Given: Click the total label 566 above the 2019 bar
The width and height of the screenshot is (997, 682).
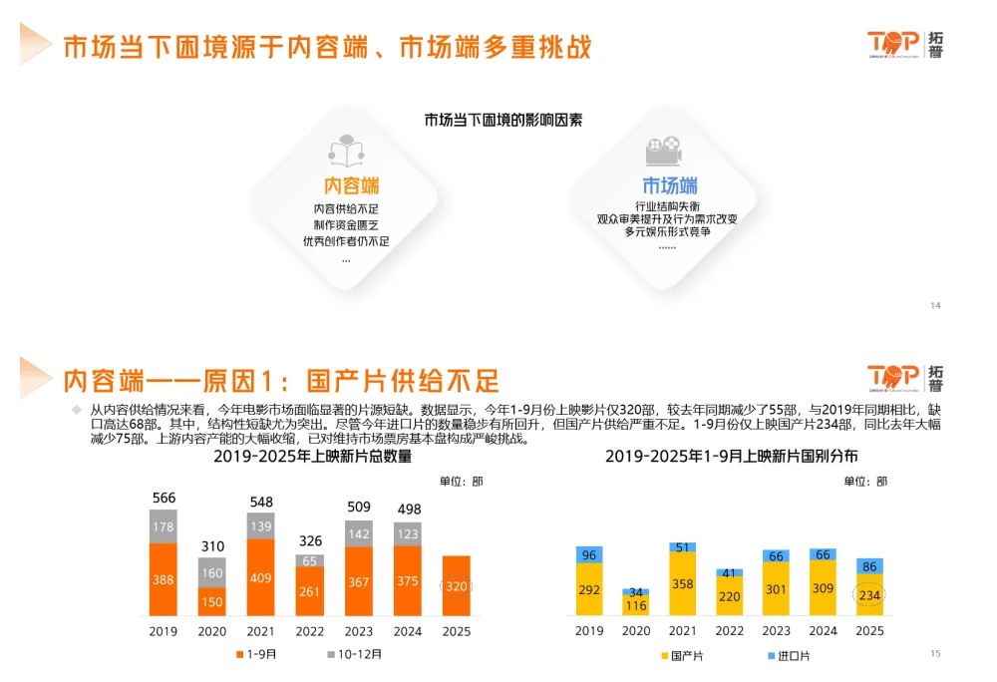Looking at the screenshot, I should coord(164,498).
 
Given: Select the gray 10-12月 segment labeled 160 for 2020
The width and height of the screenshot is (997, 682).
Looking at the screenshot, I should coord(211,572).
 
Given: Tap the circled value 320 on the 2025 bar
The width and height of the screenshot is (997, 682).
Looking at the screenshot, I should coord(455,586).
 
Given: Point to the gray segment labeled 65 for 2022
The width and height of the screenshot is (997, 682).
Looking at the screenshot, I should coord(309,561).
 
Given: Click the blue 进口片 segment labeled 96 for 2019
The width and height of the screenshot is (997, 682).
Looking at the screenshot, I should coord(589,554).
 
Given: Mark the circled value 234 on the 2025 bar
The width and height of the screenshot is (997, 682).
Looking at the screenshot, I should coord(869,595).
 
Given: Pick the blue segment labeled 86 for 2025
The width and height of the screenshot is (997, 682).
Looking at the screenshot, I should coord(869,566).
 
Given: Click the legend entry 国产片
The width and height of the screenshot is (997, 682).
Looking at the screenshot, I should coord(682,655).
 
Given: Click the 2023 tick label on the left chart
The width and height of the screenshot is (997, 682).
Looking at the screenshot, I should coord(358,630).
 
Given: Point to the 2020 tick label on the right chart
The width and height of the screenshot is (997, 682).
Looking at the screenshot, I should coord(636,630).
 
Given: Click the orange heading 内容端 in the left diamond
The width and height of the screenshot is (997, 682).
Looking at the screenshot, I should coord(352,186).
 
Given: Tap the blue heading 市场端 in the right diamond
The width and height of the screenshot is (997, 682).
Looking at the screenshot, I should coord(669,186).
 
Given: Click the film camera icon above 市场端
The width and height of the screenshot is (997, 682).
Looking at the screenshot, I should coord(663,152).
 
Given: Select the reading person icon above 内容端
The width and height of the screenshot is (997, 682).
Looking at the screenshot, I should coord(346,152).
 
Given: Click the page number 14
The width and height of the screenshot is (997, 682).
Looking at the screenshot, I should coord(935,305).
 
